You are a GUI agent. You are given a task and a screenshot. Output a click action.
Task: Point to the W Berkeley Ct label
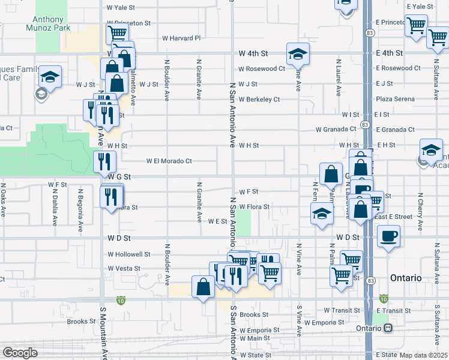(x=259, y=100)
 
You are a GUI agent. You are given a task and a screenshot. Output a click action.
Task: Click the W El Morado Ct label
(x=169, y=161)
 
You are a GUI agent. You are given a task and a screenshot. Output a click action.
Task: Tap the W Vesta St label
(x=124, y=269)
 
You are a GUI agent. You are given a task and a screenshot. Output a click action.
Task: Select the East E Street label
(x=395, y=217)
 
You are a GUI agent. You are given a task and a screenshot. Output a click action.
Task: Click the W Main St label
(x=255, y=338)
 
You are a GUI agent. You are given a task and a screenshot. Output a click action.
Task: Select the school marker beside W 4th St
(x=298, y=55)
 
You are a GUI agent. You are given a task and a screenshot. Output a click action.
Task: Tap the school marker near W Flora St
(x=322, y=214)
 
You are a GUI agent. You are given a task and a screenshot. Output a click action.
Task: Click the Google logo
(x=19, y=353)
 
